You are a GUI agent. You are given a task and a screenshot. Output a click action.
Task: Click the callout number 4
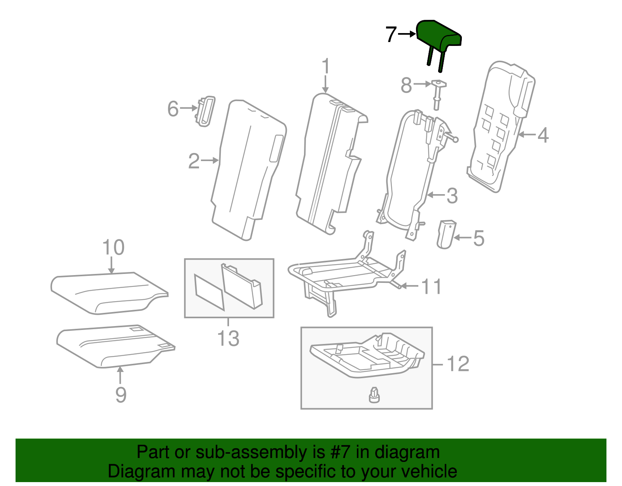click(543, 135)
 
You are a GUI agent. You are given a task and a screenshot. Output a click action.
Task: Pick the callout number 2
click(194, 161)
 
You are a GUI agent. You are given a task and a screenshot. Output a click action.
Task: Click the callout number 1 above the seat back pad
click(325, 67)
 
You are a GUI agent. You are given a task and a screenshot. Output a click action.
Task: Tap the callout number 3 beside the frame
click(452, 195)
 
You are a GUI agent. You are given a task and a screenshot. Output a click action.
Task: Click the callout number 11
click(432, 286)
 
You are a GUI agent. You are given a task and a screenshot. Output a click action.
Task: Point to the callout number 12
click(458, 364)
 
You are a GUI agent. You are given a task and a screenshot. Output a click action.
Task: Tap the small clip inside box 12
click(374, 396)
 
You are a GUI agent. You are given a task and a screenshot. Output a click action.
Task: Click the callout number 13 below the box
click(228, 338)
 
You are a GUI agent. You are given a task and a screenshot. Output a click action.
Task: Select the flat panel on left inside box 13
click(209, 292)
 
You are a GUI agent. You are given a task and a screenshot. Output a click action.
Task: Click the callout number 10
click(113, 247)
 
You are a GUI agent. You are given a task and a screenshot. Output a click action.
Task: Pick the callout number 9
click(121, 395)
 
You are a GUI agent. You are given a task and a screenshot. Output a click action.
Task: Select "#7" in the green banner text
click(341, 452)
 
